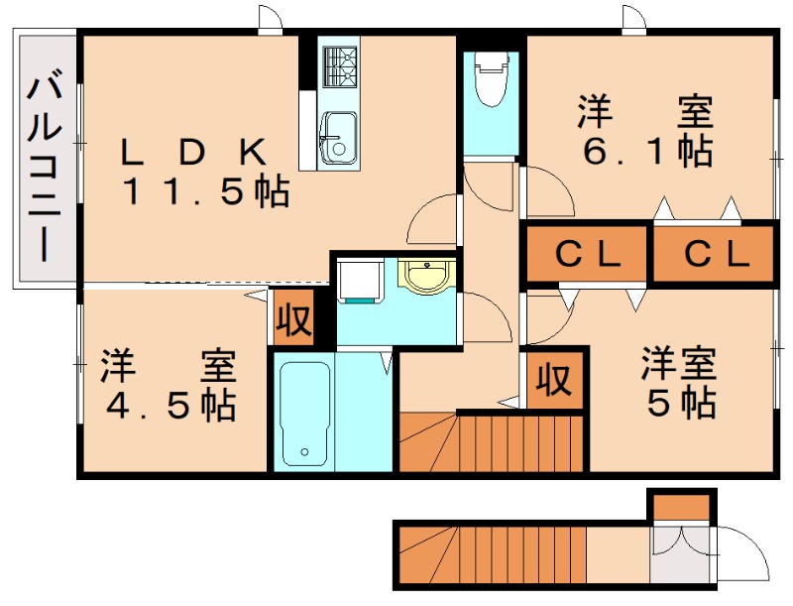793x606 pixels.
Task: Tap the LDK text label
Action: click(x=193, y=152)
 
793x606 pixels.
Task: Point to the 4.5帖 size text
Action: click(x=169, y=405)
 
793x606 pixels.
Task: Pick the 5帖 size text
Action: click(x=680, y=403)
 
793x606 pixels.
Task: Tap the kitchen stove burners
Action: click(x=338, y=66)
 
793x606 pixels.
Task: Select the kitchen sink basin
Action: click(x=338, y=136)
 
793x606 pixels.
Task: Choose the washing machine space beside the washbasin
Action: click(x=359, y=280)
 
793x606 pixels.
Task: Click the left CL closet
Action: click(x=587, y=255)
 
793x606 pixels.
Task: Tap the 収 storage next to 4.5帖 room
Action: click(x=293, y=319)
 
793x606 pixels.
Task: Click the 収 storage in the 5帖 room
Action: click(x=555, y=378)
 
